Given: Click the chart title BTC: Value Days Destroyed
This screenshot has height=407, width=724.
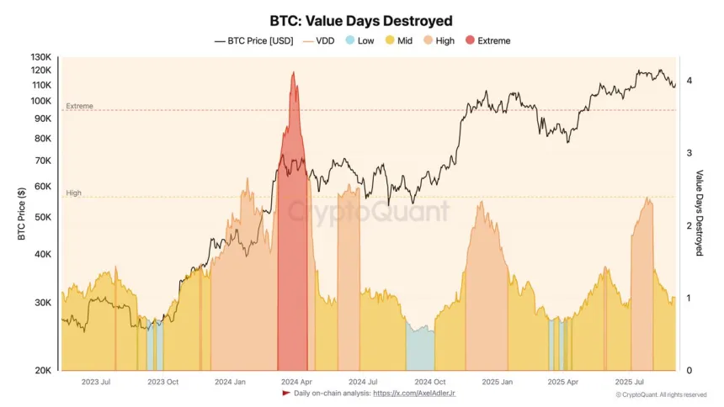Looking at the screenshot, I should (x=362, y=20).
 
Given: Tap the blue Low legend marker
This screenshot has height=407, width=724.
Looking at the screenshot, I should (x=351, y=40).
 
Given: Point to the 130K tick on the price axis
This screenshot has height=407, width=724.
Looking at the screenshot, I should (x=40, y=57).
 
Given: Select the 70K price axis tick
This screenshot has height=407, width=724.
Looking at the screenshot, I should (x=42, y=161).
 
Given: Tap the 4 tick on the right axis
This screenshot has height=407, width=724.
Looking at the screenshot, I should (x=689, y=80).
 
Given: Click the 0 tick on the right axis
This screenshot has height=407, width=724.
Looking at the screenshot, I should (x=689, y=371).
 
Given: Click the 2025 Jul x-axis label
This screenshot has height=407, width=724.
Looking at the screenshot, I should (x=630, y=382).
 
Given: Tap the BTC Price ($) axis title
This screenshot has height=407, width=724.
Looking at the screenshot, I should (x=21, y=214).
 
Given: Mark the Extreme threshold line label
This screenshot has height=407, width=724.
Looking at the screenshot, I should (x=79, y=106).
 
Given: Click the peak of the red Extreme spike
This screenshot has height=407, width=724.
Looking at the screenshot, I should (x=293, y=72).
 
